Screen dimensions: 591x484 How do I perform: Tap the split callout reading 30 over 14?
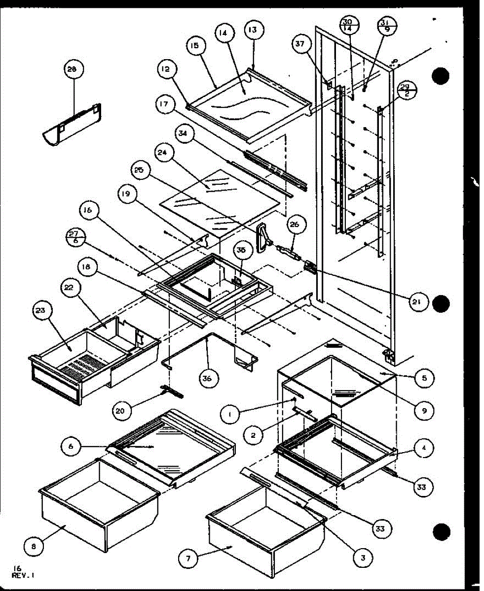point(347,25)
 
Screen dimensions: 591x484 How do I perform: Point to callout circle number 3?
point(363,558)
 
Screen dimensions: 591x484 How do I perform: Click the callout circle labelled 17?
point(164,104)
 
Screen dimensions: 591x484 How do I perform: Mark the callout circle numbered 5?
point(424,378)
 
